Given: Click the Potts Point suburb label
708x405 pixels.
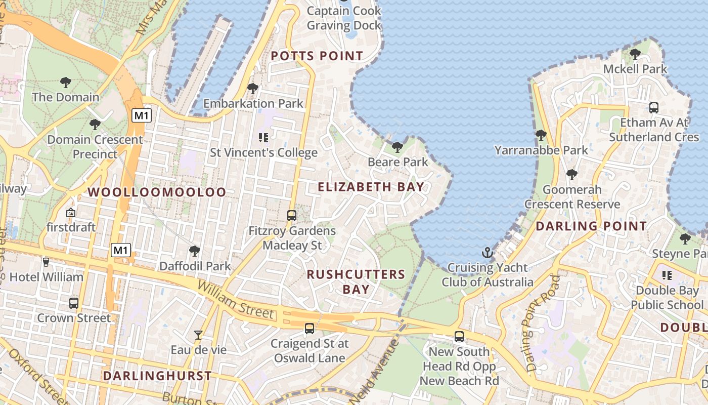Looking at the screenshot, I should [x=317, y=56].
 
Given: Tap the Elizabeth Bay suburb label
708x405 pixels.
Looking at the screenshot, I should [x=371, y=187].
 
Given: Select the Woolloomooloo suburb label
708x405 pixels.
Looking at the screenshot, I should [x=157, y=192].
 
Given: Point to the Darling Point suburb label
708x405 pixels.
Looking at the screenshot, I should [x=591, y=226].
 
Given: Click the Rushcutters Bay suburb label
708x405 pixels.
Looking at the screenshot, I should [x=356, y=281].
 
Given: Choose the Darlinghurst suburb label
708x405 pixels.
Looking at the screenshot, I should [x=157, y=376].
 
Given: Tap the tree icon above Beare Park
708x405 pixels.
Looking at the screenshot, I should [x=397, y=147].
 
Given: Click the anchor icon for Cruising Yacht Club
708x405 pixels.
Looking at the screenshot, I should [x=487, y=252].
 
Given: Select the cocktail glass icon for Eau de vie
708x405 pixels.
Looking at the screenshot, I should [x=198, y=335].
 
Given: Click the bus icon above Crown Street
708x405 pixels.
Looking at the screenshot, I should [x=74, y=303].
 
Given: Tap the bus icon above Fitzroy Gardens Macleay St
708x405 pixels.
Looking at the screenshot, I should [x=292, y=215].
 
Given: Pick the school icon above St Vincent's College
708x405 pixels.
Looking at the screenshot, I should [x=263, y=137].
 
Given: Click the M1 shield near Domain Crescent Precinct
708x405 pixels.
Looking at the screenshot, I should [x=142, y=115].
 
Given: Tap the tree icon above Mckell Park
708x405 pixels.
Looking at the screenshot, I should [x=635, y=53].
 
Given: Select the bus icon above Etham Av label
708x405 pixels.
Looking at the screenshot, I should [x=654, y=107].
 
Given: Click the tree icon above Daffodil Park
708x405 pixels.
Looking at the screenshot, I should [x=194, y=251].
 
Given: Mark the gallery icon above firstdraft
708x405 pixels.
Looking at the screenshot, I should [x=71, y=213].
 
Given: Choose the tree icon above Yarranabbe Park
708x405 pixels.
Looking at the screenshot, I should [x=541, y=135].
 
